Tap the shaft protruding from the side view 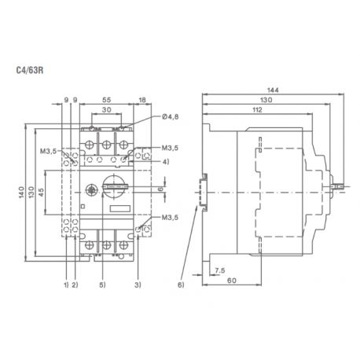[340, 188]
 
